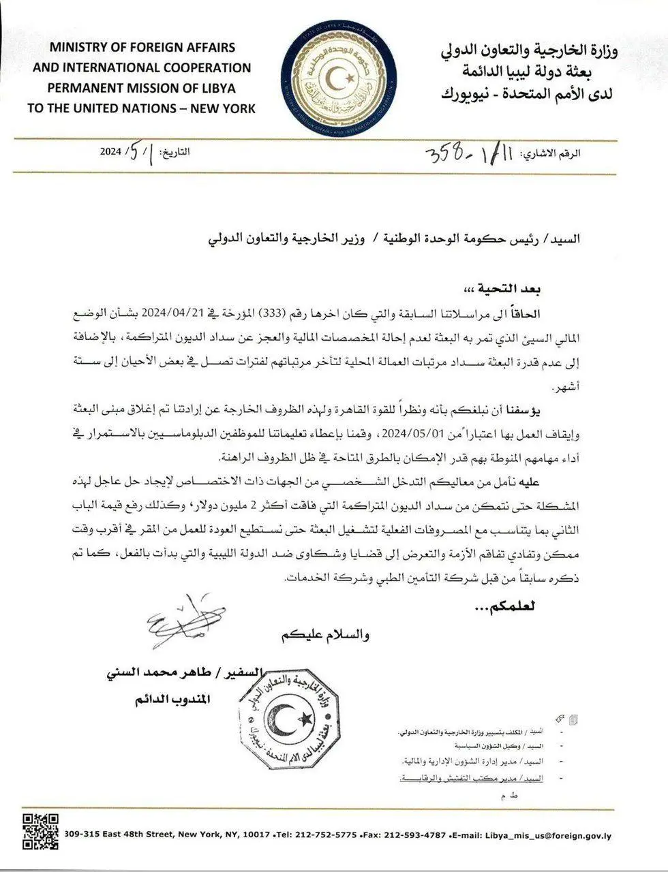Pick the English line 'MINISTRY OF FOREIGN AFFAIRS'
click(142, 48)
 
